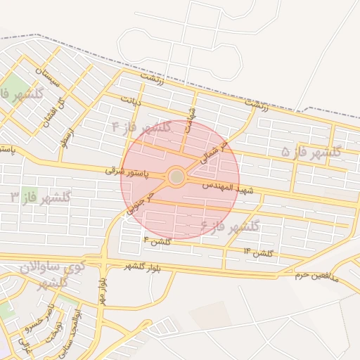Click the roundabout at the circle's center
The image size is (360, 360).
click(176, 176)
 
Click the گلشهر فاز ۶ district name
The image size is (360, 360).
click(230, 226)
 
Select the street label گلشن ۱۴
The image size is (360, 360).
click(258, 252)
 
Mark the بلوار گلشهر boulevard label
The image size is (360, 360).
click(144, 266)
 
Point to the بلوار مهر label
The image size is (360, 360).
click(102, 288)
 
